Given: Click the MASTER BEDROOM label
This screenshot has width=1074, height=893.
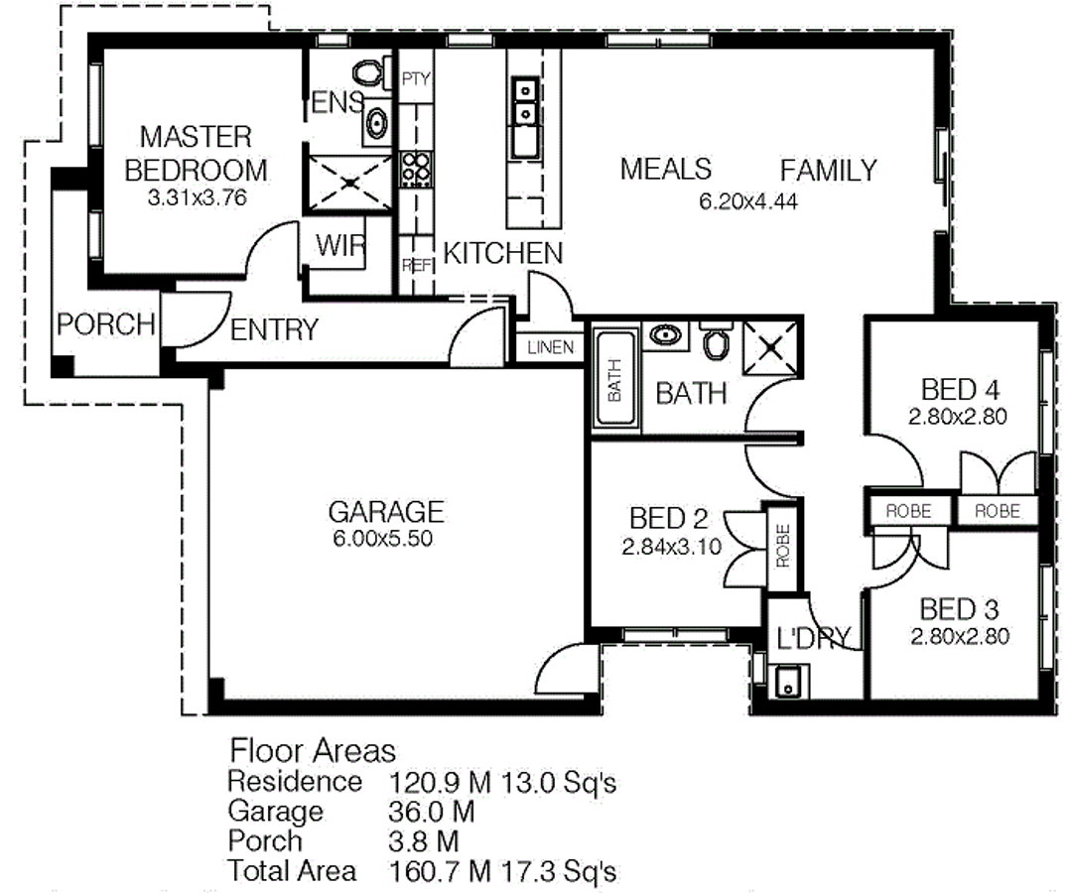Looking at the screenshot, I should point(195,152).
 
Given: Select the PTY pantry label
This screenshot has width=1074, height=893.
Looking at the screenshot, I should point(416,79).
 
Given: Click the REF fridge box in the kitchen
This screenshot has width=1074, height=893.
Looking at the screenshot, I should point(415,266).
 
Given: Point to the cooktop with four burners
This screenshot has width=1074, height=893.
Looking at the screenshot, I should point(415,169).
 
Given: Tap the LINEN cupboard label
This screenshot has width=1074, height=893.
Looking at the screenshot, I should point(550,347).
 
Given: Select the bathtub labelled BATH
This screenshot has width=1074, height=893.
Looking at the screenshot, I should point(614,381).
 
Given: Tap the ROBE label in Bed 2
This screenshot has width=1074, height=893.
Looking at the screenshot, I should point(782,546).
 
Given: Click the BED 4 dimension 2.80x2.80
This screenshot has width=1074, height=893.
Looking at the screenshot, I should point(957,418).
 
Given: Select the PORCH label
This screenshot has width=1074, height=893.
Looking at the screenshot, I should point(105,324).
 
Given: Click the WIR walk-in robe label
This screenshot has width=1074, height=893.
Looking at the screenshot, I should point(339,246).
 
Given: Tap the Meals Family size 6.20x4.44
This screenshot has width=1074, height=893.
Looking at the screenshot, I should point(748,202).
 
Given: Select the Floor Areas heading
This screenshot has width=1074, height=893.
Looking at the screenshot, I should point(313,750).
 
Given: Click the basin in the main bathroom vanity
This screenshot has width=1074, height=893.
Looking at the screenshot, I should point(663,334).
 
